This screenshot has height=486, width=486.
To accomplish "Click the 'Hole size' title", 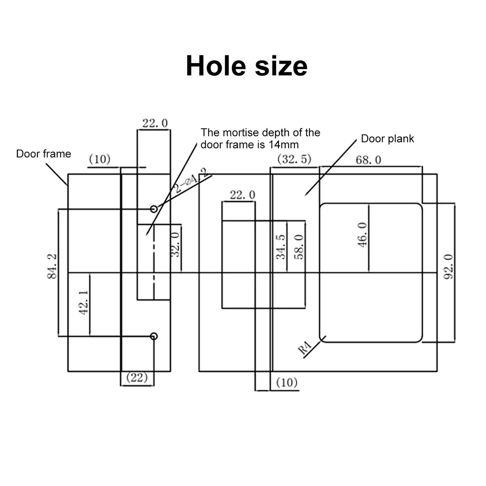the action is tap(246, 66).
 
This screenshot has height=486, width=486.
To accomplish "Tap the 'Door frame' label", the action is tap(43, 154).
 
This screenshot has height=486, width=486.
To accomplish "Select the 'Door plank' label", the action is tap(387, 139).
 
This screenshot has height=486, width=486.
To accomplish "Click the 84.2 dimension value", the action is tap(52, 266).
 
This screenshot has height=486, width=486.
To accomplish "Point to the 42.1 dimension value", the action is tap(84, 303).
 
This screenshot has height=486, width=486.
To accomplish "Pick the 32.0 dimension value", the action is tap(175, 244).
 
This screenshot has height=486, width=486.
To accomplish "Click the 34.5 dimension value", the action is tap(280, 247).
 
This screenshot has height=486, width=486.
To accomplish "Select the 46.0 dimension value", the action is tap(363, 235).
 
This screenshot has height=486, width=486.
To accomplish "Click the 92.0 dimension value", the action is tap(448, 267).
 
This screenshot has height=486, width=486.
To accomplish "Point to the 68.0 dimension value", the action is tap(368, 160).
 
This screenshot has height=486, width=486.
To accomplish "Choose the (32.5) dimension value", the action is tap(294, 159).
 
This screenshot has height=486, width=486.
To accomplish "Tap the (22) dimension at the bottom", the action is tap(137, 378).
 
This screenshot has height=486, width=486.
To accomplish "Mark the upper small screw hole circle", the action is tap(154, 209).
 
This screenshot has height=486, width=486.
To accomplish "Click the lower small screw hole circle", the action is tap(154, 336).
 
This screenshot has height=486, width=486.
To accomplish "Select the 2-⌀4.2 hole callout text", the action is tap(190, 180).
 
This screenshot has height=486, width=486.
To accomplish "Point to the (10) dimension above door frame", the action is tap(100, 159).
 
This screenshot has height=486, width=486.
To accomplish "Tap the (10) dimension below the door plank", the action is tap(287, 382).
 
